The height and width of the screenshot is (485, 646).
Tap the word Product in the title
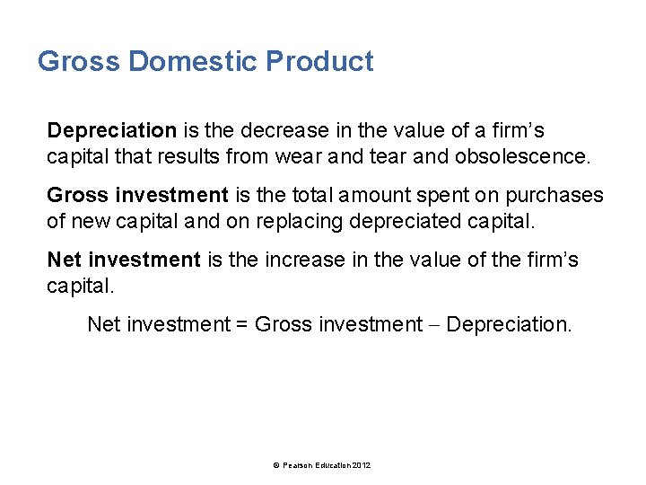[x=319, y=62]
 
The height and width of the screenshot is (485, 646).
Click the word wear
[x=331, y=157]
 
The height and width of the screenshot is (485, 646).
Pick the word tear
[x=411, y=157]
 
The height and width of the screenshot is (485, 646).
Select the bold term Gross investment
[x=137, y=196]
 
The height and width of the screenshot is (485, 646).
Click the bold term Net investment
[x=124, y=260]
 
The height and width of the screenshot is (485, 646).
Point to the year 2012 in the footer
[x=362, y=465]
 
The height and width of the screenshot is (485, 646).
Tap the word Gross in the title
[x=78, y=62]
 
